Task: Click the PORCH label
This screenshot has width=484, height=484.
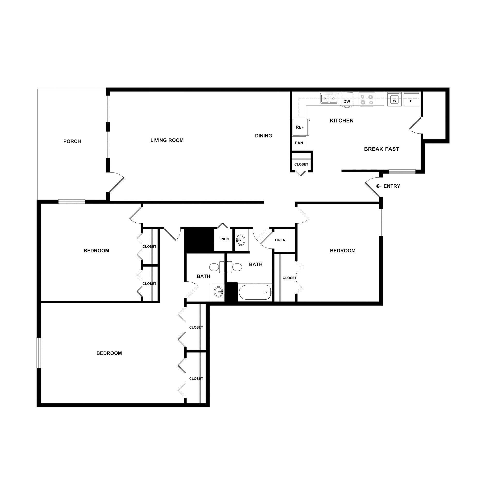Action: pos(72,141)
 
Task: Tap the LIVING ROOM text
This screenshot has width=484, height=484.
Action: pos(167,140)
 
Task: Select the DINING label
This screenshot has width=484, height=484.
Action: pos(263,136)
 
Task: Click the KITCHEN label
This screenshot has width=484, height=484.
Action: pos(341,121)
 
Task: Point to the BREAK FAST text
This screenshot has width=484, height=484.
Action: pos(381,149)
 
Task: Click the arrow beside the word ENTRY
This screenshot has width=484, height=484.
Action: pos(378,186)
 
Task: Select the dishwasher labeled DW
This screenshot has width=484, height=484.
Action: pos(347,99)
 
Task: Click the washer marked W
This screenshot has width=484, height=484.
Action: pos(394,99)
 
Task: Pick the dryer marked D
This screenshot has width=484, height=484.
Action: pos(411,99)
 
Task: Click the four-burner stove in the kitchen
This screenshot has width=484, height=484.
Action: pos(366,99)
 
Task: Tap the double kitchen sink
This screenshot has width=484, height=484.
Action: pos(329,98)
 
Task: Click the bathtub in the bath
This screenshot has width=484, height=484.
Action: pos(255,292)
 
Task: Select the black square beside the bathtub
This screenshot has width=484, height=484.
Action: pos(231,292)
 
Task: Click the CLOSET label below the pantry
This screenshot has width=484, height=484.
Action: pos(301,164)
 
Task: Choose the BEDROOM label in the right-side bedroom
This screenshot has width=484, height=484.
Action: pos(342,250)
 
